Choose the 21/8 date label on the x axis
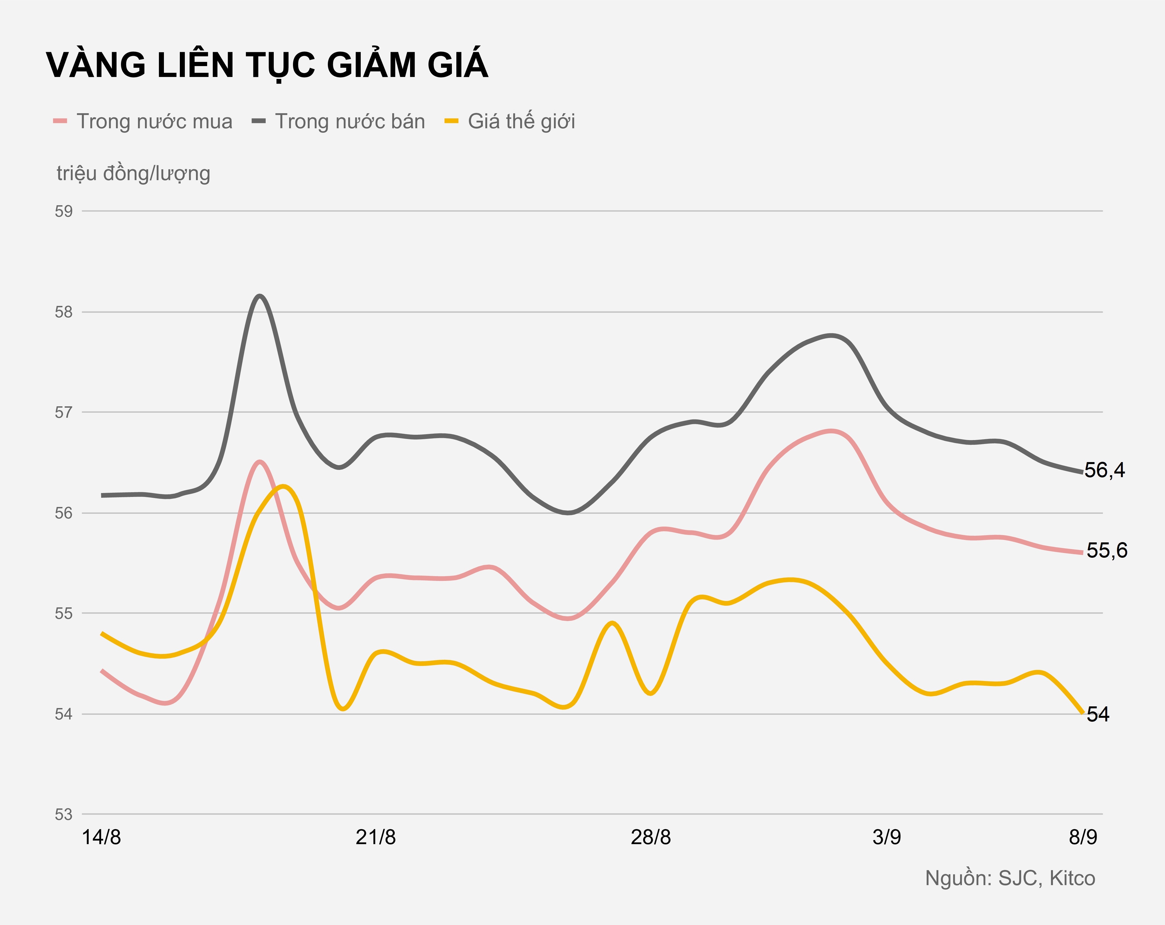coord(376,837)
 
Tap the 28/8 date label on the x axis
coord(651,837)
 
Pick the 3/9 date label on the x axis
coord(887,837)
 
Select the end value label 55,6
coord(1107,550)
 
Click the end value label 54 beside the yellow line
coord(1098,715)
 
